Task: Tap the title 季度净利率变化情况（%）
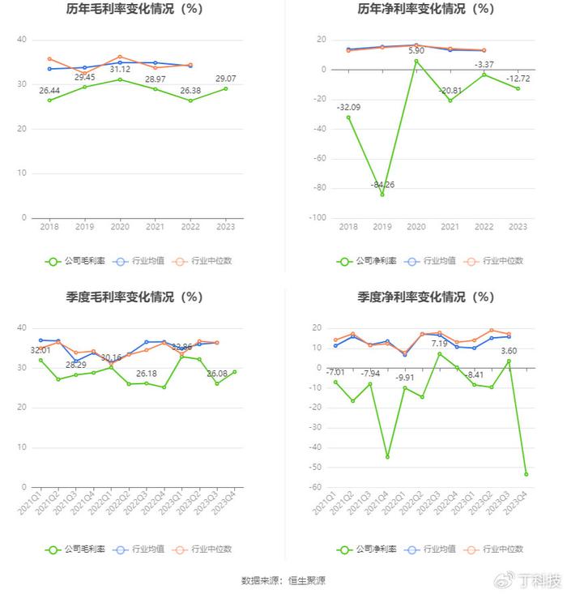tap(425, 297)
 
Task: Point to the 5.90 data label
tap(416, 51)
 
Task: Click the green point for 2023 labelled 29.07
tap(226, 88)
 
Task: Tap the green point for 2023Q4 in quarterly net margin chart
tap(526, 474)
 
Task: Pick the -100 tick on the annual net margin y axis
tap(318, 218)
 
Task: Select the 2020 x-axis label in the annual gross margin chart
tap(120, 228)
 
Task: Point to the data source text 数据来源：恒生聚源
tap(283, 581)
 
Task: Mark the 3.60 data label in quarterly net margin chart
tap(508, 350)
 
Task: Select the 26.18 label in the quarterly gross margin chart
tap(147, 373)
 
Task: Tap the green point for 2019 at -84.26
tap(382, 194)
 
